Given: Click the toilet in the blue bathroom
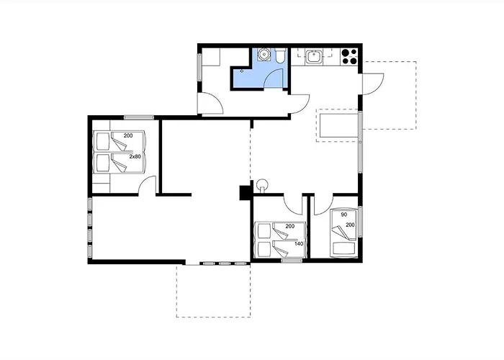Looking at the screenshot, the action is [280, 55].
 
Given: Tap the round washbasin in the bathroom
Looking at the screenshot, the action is [264, 54].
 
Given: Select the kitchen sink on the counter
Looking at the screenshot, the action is [312, 57].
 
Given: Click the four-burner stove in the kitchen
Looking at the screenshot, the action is [349, 56].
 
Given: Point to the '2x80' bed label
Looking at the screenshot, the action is [135, 156].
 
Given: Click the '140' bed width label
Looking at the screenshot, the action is [299, 243].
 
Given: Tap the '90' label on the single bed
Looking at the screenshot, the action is [344, 215].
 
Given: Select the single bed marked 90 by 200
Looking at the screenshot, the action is [343, 233].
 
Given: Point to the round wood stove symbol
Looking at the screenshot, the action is [263, 184].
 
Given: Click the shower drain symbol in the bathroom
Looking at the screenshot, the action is [242, 71].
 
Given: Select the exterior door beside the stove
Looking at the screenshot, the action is [373, 84].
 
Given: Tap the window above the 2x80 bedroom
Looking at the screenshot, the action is [139, 117].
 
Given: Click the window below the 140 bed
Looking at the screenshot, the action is [292, 261].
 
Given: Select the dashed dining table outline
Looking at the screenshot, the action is [338, 125].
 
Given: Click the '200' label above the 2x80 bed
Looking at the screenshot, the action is [128, 135].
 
